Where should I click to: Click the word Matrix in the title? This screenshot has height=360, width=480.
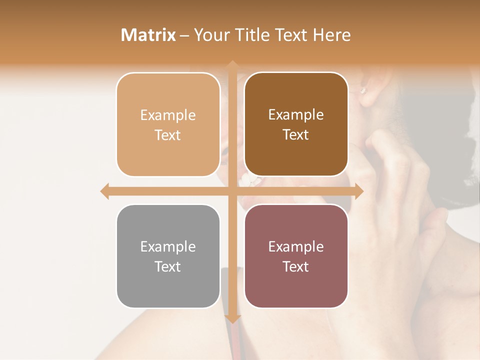[148, 35]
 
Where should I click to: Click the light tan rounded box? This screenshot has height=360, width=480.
[168, 124]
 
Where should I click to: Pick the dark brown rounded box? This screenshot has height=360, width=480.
[296, 124]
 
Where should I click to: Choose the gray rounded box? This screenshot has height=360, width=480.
[168, 256]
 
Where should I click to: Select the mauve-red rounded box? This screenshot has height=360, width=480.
[296, 256]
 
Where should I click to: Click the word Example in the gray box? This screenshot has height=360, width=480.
[168, 246]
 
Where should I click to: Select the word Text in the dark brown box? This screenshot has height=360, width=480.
[296, 135]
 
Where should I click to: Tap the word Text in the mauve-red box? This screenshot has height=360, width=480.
[296, 267]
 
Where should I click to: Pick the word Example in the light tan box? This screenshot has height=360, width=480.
[168, 115]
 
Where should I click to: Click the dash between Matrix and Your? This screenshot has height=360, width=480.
[184, 35]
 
